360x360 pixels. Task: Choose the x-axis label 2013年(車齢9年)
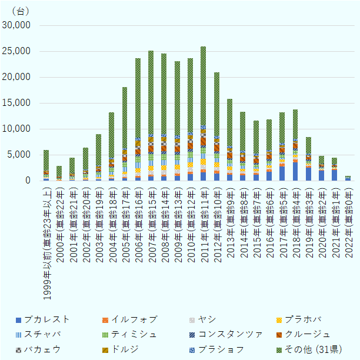pos(229,212)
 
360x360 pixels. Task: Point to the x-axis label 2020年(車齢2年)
pos(321,212)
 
